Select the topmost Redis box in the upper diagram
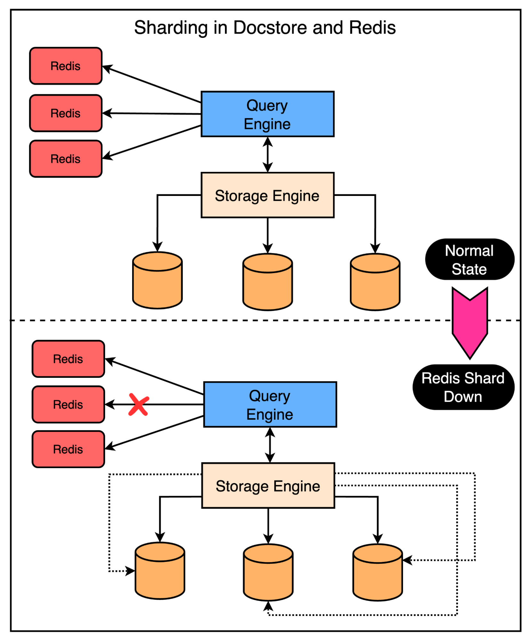(x=66, y=66)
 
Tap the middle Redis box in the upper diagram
(x=66, y=113)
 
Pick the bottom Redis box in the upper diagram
(x=66, y=159)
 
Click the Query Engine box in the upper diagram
(x=267, y=114)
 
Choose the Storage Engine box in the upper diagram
(x=267, y=195)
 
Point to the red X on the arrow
(x=139, y=405)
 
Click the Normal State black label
(x=469, y=259)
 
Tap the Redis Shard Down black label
(x=463, y=387)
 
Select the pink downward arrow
(x=470, y=323)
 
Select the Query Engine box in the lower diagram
(x=270, y=404)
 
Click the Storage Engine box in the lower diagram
(x=268, y=486)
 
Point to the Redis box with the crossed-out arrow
(x=68, y=404)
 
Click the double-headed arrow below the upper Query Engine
(x=268, y=155)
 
